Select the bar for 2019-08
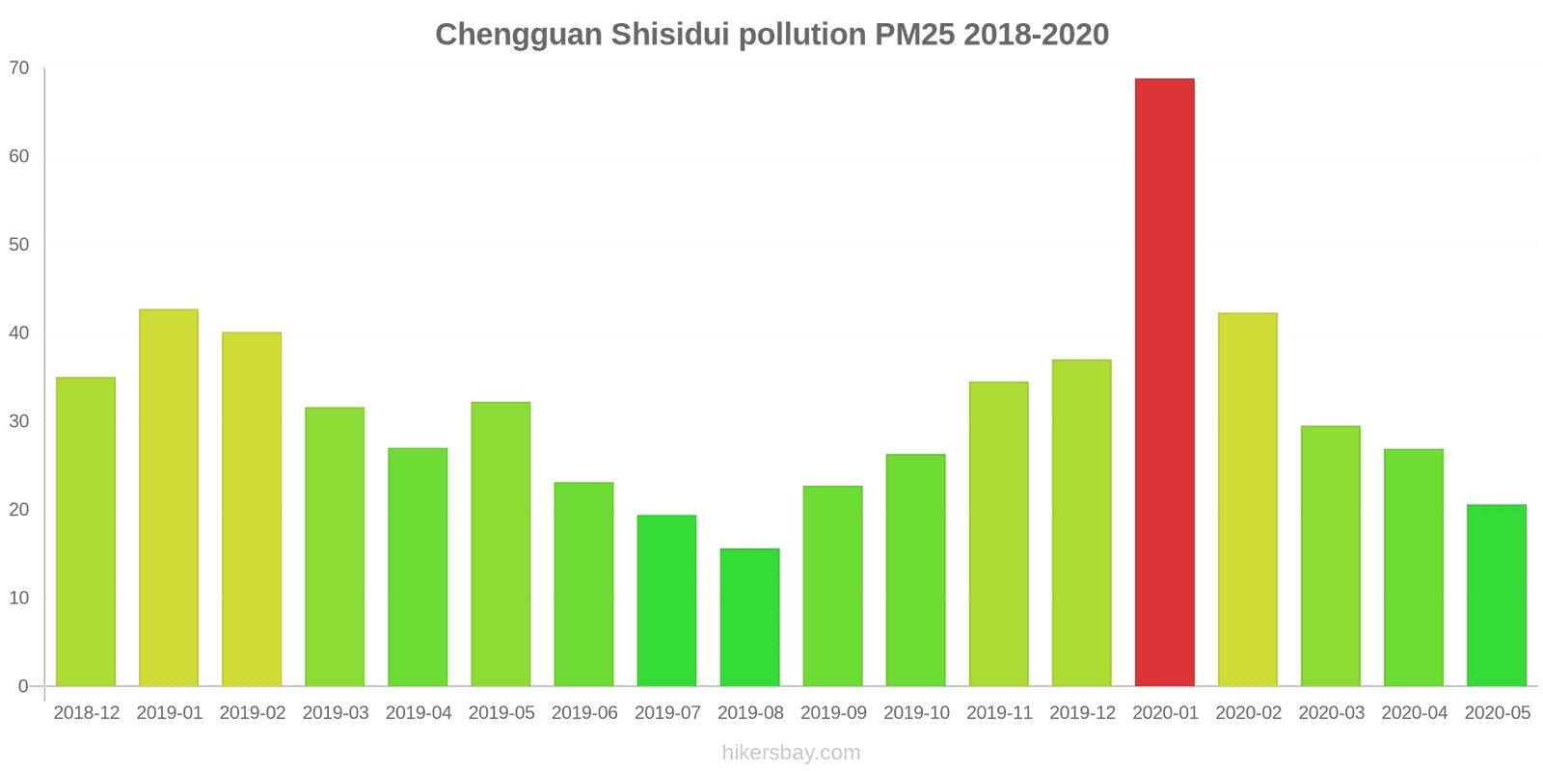click(x=749, y=618)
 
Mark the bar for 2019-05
click(x=501, y=545)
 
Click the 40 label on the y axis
click(x=19, y=333)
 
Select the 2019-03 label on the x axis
click(x=336, y=713)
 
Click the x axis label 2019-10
click(x=916, y=713)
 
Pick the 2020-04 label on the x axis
click(x=1414, y=713)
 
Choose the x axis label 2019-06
click(x=584, y=713)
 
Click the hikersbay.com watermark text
click(x=791, y=753)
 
